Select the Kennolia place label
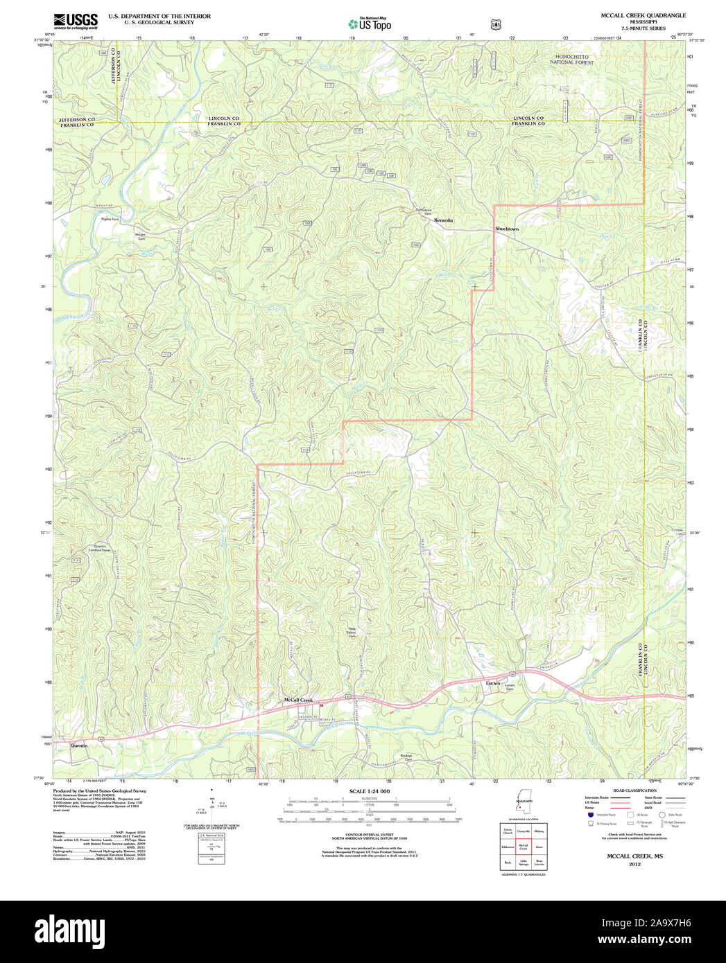coord(443,220)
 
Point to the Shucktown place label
coord(507,229)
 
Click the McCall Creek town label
coord(298,700)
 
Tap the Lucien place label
coord(492,683)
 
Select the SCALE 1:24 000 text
coord(370,791)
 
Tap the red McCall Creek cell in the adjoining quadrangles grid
coord(524,847)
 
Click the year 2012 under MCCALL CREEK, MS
coord(634,865)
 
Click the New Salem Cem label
coord(352,632)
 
